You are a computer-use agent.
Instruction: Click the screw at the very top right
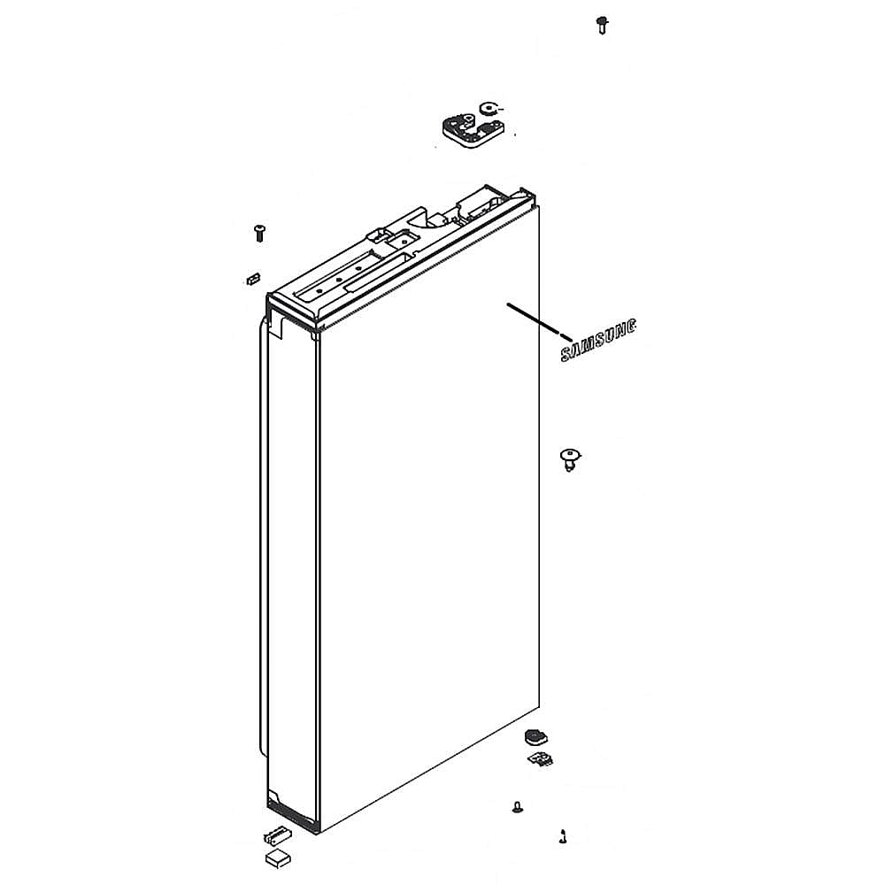pyautogui.click(x=602, y=24)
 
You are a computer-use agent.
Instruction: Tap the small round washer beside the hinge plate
pyautogui.click(x=488, y=110)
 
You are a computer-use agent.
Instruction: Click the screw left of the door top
pyautogui.click(x=259, y=233)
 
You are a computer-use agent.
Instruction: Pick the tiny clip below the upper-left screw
pyautogui.click(x=251, y=280)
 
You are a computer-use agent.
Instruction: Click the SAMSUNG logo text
pyautogui.click(x=599, y=341)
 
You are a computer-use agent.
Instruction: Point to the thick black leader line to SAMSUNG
pyautogui.click(x=535, y=319)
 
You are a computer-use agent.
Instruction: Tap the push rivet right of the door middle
pyautogui.click(x=572, y=459)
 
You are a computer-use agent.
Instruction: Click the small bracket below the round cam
pyautogui.click(x=540, y=759)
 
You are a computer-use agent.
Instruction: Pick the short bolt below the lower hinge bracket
pyautogui.click(x=516, y=805)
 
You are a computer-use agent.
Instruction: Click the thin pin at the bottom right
pyautogui.click(x=562, y=835)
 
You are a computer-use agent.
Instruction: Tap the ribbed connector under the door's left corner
pyautogui.click(x=275, y=835)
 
